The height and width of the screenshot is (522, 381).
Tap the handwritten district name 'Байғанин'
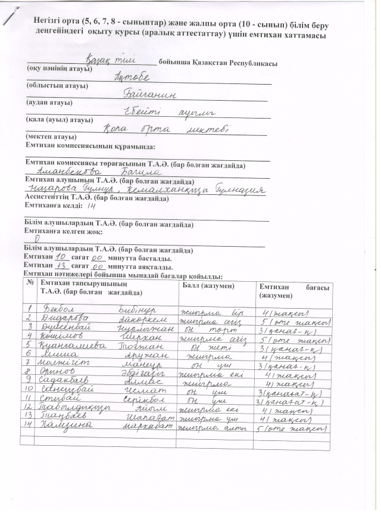pos(147,94)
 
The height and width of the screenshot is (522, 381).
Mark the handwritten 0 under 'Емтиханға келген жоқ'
pos(38,238)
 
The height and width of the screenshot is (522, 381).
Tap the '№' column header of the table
pos(30,282)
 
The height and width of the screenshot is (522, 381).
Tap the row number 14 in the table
pos(30,428)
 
